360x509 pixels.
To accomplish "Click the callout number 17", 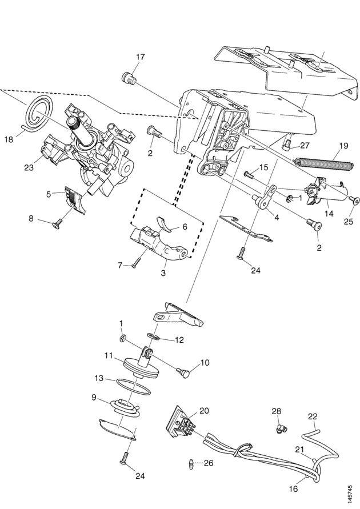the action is tap(140, 57).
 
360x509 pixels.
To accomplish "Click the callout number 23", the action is tap(29, 168).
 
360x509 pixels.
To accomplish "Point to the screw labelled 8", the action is tap(57, 224).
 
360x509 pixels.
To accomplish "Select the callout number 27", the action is tap(305, 146).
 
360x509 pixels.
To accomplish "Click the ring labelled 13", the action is tap(133, 386).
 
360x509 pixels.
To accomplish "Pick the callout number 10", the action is tap(205, 363).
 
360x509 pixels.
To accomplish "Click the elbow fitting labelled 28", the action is tap(279, 428).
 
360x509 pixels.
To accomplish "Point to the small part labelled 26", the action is tap(191, 464).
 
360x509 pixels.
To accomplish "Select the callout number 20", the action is tap(204, 411).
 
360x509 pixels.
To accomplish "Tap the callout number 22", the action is tap(313, 416).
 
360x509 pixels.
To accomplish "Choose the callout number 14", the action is tap(329, 213).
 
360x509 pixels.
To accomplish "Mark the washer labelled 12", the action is tap(154, 336).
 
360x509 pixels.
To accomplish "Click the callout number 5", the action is tap(49, 194).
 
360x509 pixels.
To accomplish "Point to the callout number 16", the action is tap(293, 488).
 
